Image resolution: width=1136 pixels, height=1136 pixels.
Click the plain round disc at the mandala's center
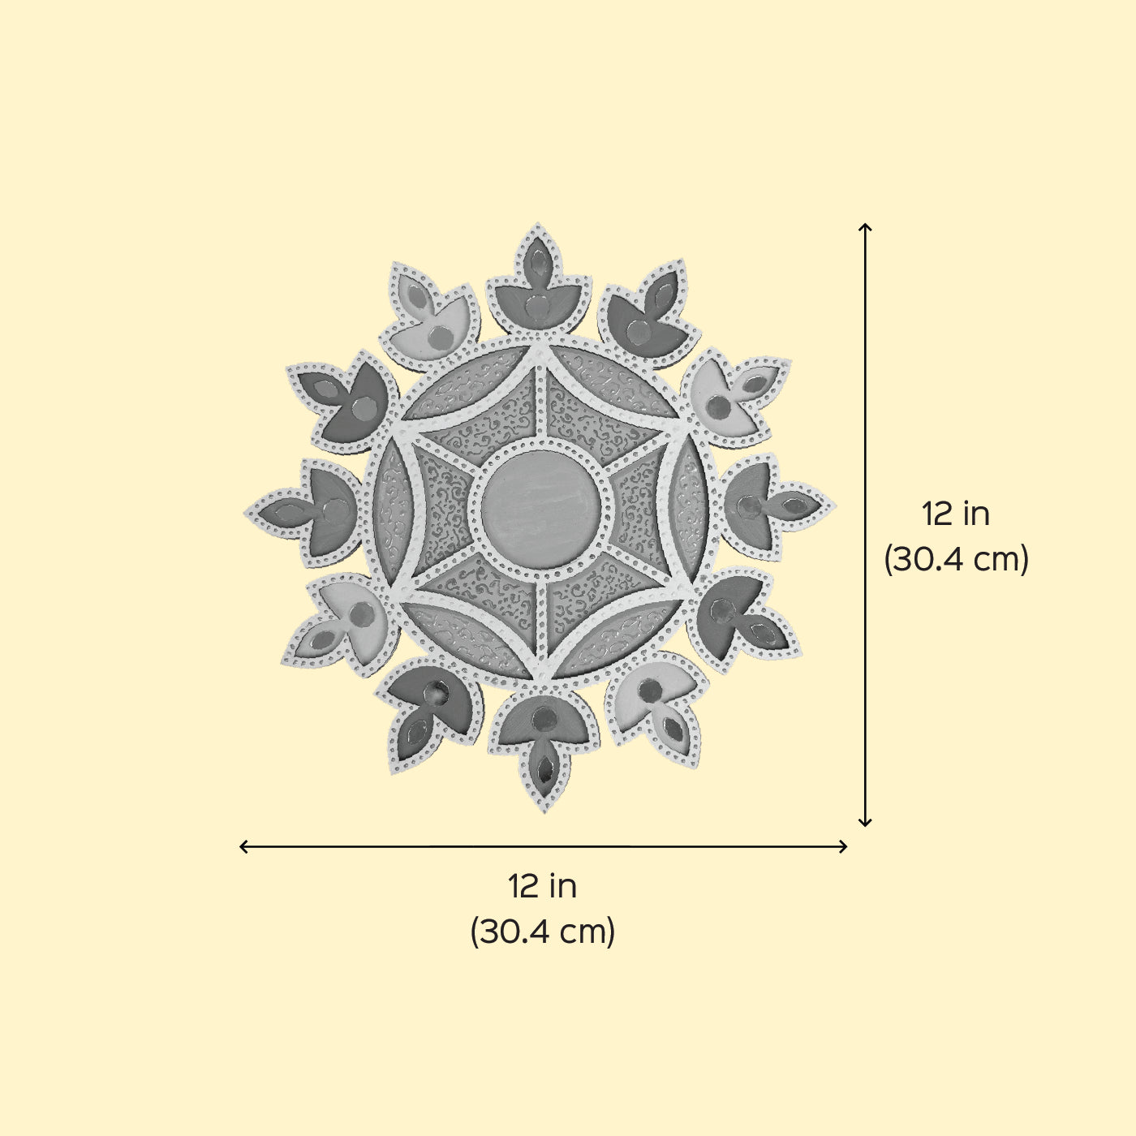click(540, 510)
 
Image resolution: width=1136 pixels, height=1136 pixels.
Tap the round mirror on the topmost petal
click(537, 307)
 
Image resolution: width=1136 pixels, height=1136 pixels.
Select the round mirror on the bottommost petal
click(543, 716)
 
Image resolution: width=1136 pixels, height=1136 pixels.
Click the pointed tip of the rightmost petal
click(835, 506)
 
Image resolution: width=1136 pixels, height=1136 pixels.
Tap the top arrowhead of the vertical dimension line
click(865, 226)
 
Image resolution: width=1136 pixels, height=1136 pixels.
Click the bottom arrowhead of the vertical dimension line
click(865, 823)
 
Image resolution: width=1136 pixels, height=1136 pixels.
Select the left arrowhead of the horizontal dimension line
click(243, 847)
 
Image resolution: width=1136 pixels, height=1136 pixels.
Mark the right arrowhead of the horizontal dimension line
click(844, 847)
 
